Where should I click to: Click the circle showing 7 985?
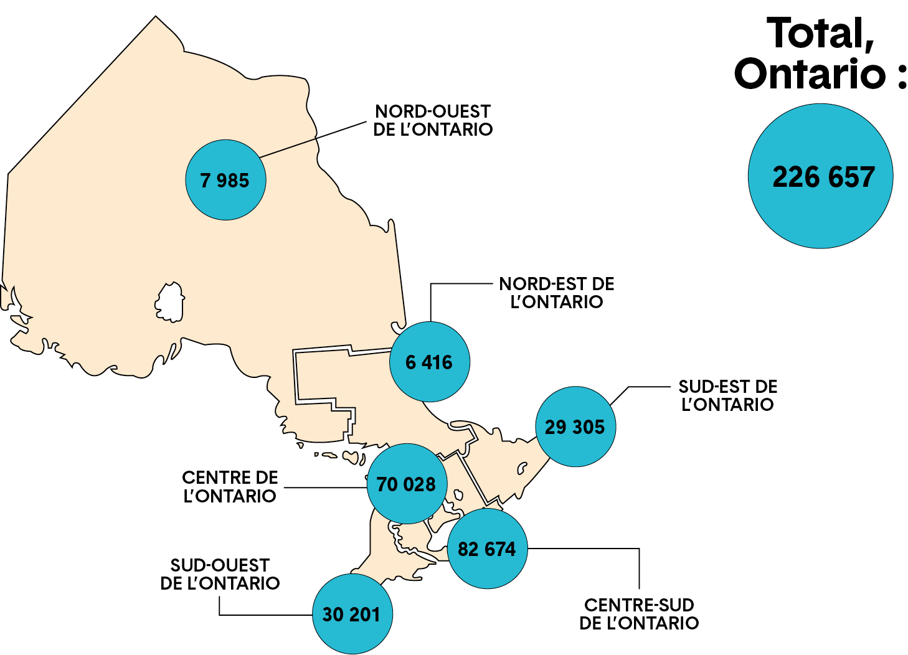(225, 180)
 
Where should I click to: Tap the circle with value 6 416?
(429, 362)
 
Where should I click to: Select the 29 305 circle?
(575, 426)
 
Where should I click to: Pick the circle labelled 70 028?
(407, 484)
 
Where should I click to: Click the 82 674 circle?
(487, 549)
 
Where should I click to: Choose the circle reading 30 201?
(352, 614)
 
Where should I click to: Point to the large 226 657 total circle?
(820, 176)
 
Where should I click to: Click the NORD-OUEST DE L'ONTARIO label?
(433, 120)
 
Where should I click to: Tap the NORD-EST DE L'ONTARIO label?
(556, 293)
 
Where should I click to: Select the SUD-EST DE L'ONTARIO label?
(727, 395)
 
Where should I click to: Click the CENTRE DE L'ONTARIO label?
(230, 486)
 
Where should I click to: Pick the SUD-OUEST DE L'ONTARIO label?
(220, 574)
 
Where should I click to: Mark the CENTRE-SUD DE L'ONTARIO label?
(639, 614)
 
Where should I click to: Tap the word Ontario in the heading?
(810, 73)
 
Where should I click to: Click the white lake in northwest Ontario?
(169, 303)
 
